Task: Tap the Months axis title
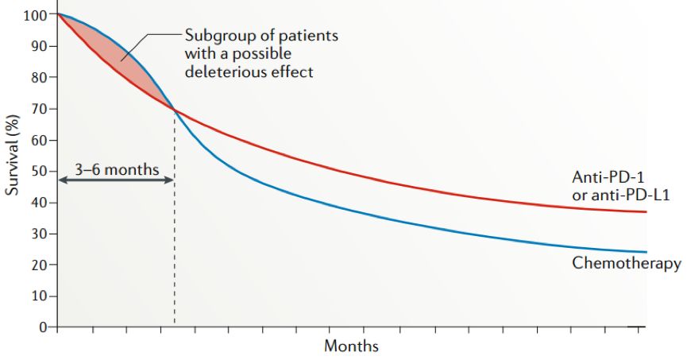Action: (351, 346)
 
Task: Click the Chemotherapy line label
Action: (627, 263)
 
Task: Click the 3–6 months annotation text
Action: (117, 168)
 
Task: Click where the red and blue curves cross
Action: (174, 110)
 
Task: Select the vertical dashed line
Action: (175, 238)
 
